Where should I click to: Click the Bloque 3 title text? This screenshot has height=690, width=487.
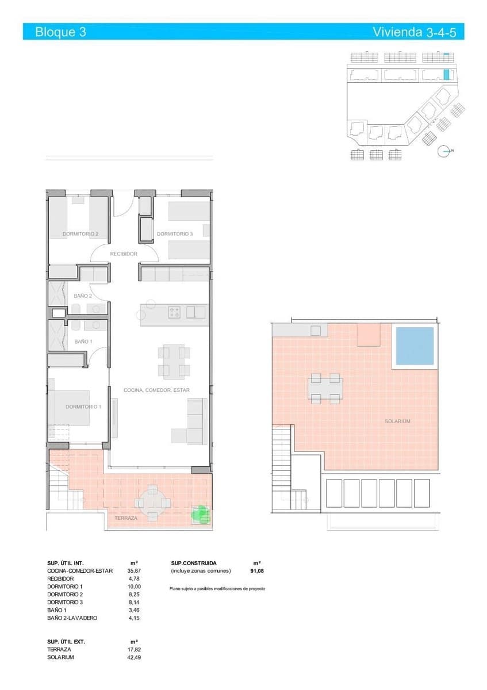[60, 32]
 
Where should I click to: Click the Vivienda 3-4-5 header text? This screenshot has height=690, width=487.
[414, 32]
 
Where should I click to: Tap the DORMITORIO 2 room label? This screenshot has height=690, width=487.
[80, 234]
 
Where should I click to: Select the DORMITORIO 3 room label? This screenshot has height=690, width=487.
[175, 234]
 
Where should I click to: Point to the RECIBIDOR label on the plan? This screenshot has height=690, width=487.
[124, 254]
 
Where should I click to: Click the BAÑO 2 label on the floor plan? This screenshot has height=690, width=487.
[83, 296]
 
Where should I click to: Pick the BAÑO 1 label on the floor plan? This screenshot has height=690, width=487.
[83, 342]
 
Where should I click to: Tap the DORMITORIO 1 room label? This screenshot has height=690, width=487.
[83, 407]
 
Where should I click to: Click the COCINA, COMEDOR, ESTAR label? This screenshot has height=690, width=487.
[156, 390]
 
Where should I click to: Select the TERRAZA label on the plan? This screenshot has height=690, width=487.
[126, 518]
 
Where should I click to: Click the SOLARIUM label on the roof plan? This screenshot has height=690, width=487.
[397, 421]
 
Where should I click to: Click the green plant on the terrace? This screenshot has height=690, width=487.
[200, 514]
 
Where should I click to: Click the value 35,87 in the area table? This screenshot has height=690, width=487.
[134, 571]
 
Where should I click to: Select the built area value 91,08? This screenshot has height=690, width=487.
[256, 571]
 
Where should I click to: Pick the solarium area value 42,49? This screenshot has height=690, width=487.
[133, 657]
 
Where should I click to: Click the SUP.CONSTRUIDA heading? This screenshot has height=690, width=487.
[194, 563]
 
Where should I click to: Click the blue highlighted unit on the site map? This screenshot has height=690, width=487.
[446, 74]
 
